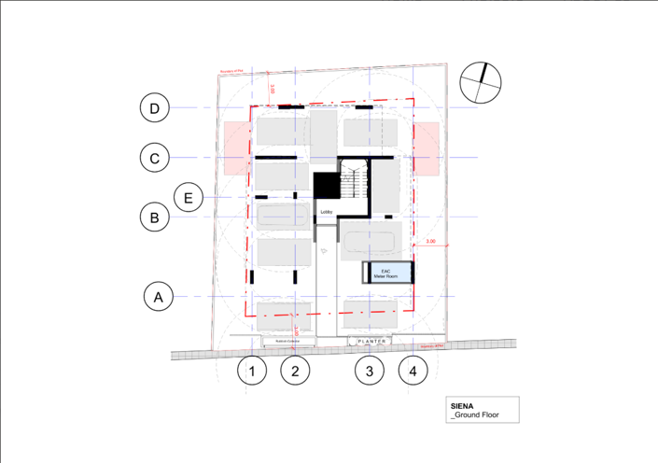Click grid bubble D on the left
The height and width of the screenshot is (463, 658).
tap(155, 108)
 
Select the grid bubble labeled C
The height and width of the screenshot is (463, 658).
tap(155, 158)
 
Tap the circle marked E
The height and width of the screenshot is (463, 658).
tap(189, 197)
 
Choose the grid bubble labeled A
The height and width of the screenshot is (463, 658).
tap(159, 297)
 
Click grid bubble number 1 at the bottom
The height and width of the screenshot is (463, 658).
tap(252, 371)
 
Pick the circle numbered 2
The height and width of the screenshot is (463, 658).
tap(295, 371)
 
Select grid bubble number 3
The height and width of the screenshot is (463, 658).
tap(370, 371)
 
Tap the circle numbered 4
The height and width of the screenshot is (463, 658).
tap(413, 371)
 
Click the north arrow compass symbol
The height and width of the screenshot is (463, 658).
tap(482, 83)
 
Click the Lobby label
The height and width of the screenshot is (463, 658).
tap(327, 212)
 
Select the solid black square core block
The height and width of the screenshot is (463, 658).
tap(325, 185)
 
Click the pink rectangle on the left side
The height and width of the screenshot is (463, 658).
tap(234, 147)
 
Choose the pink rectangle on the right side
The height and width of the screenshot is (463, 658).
tap(427, 147)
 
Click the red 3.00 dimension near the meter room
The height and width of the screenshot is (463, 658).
tap(431, 243)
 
